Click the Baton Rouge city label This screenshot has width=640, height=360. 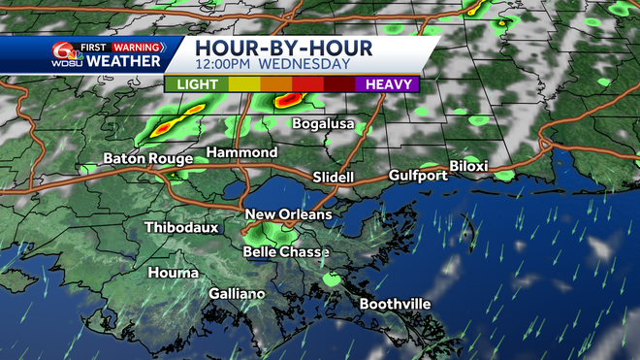pos(145,160)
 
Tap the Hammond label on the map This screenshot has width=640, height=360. pos(241,153)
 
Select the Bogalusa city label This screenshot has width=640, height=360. pos(331,124)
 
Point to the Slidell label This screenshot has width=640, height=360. pos(335,178)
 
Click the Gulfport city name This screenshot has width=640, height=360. pos(418,176)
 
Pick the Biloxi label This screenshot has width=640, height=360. pos(468,167)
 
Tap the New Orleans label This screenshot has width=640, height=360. pos(288,214)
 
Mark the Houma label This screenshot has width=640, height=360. pos(173,274)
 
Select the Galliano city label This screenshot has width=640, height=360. pos(237,294)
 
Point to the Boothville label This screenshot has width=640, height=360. pos(395,305)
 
